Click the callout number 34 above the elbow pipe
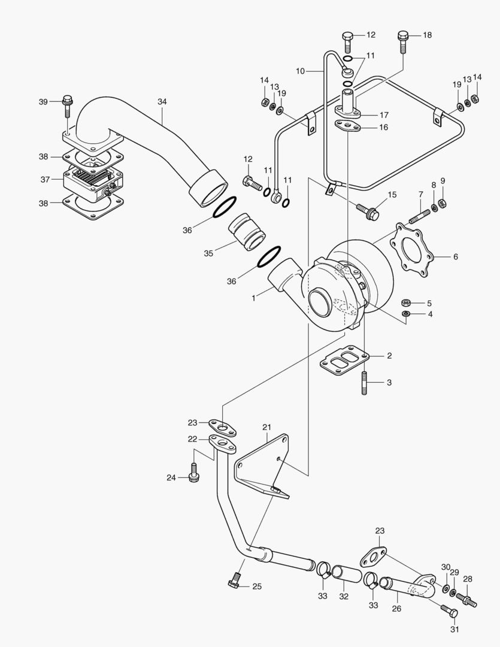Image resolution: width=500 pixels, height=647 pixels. (162, 101)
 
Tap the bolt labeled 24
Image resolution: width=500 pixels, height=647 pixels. (193, 473)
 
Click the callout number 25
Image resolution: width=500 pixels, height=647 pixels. (257, 586)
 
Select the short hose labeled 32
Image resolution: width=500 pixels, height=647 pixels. (346, 576)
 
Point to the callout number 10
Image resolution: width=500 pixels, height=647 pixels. (301, 71)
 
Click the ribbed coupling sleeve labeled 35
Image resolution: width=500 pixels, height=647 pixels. (247, 231)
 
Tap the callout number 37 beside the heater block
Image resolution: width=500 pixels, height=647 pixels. (45, 179)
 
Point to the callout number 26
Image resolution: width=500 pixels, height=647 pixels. (396, 609)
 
